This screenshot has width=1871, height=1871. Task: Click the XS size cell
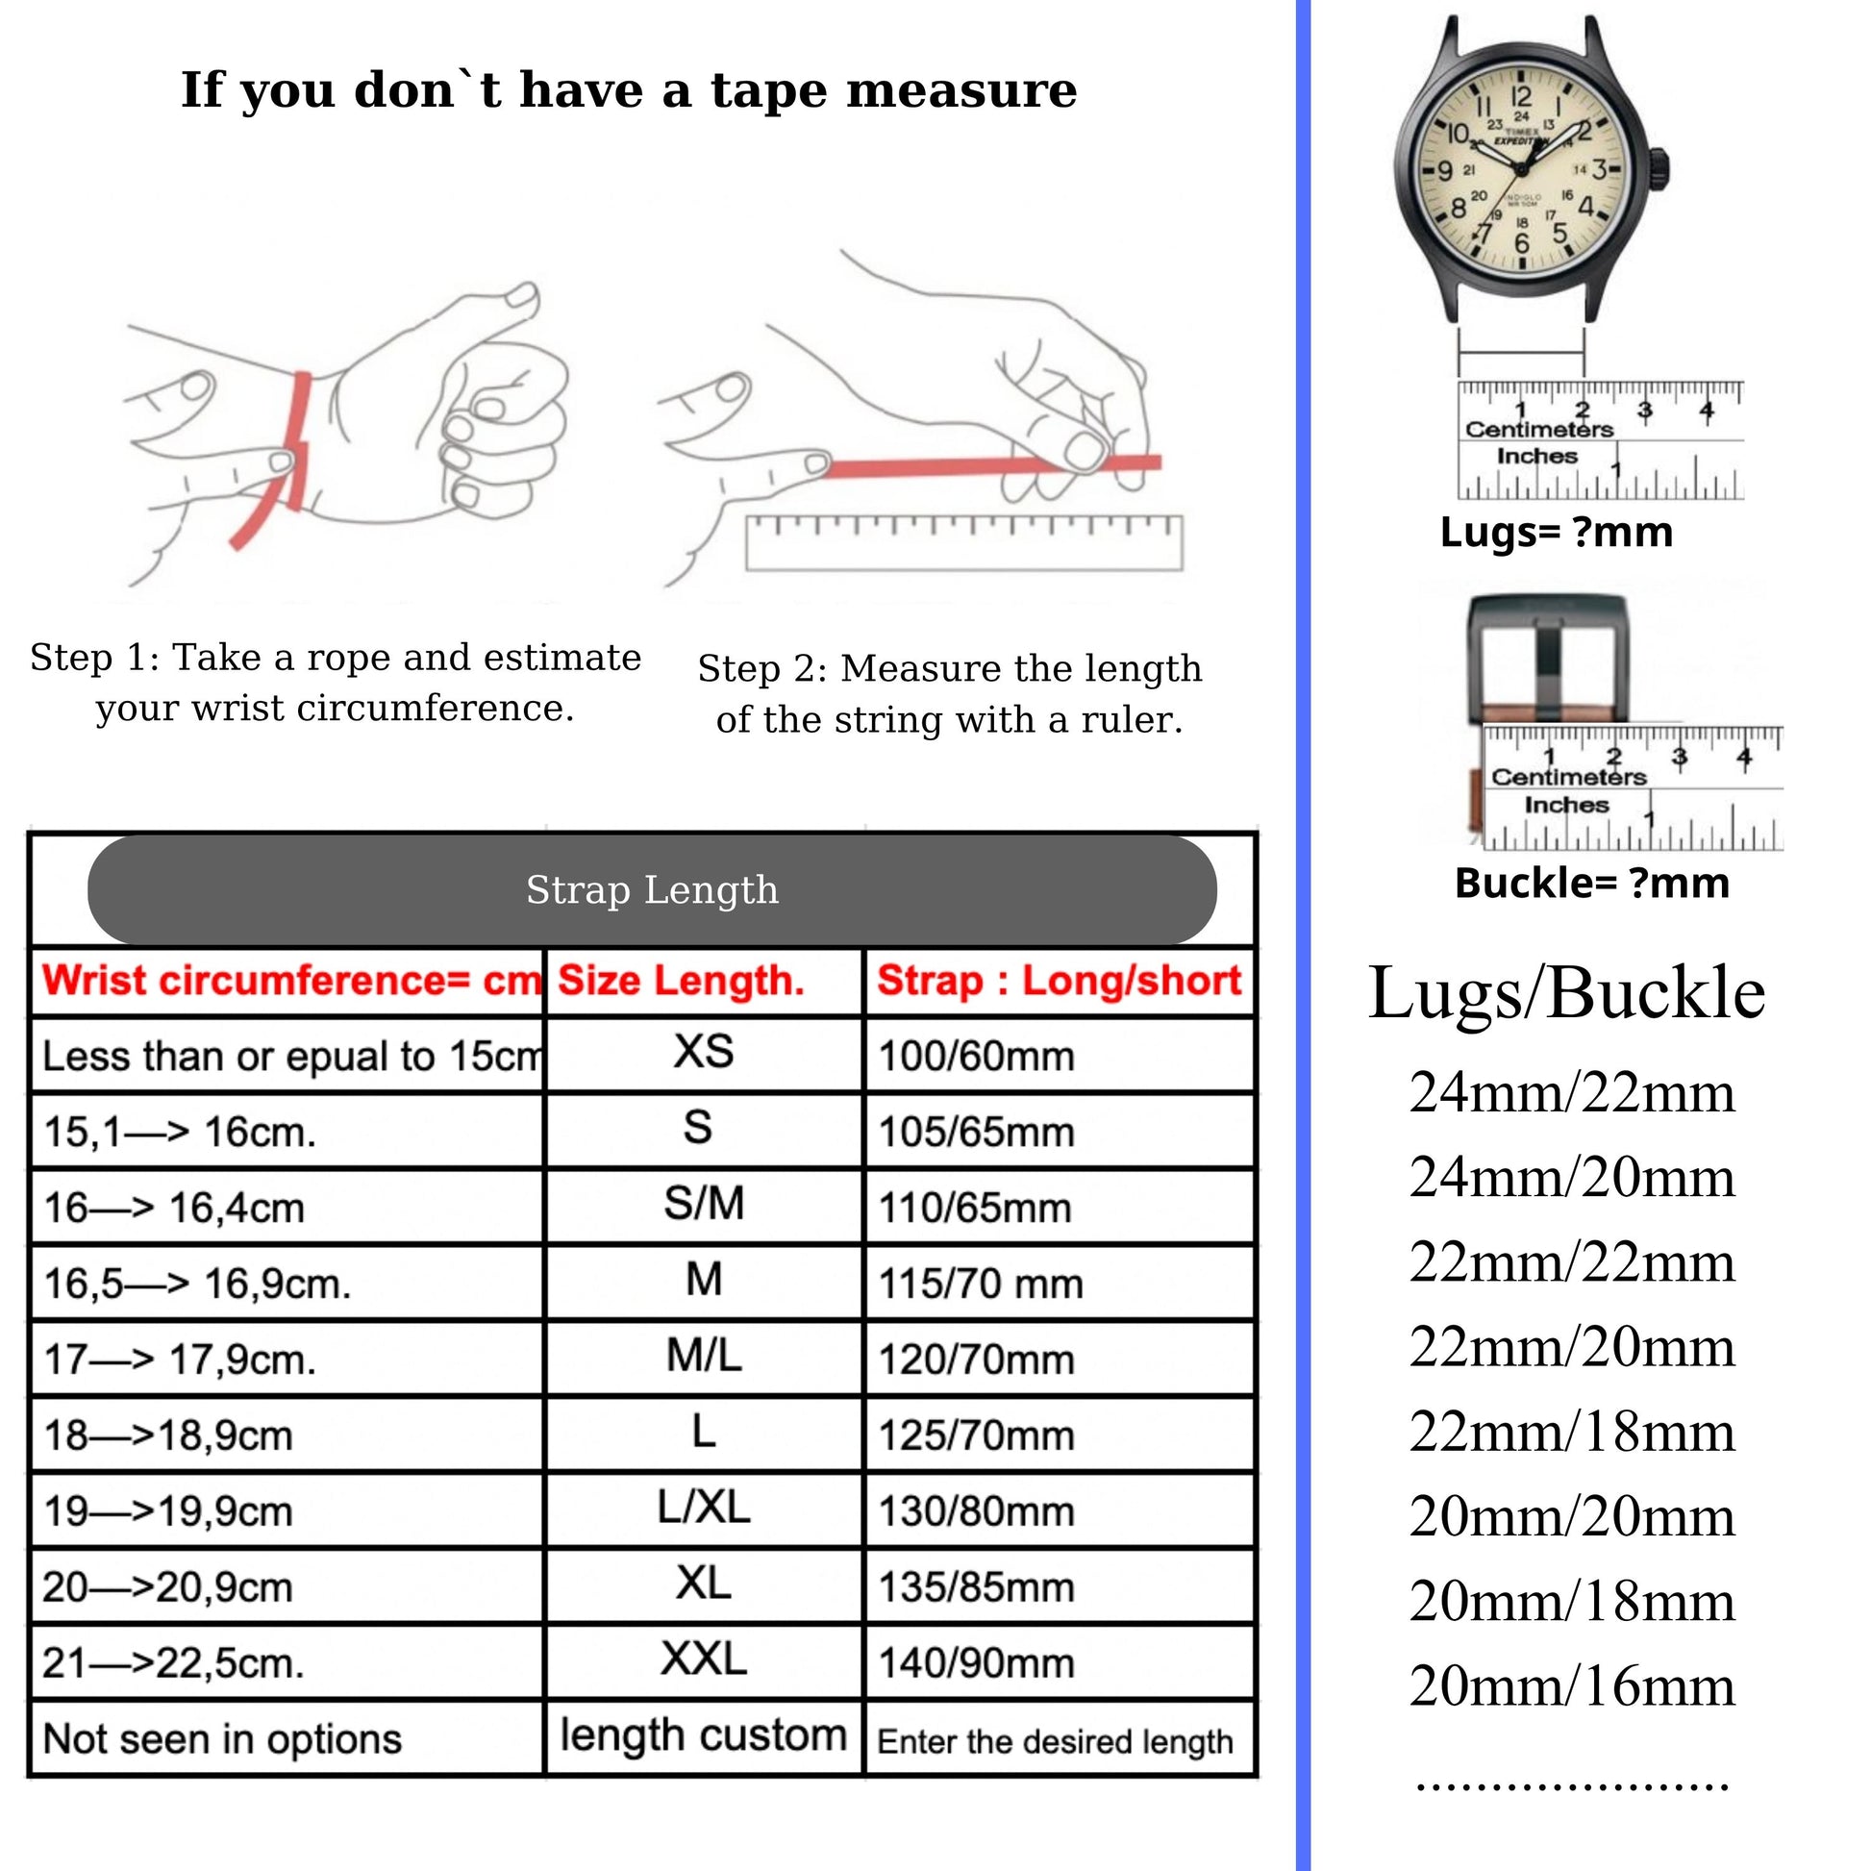pos(704,1053)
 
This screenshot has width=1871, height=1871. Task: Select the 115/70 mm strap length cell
pos(980,1285)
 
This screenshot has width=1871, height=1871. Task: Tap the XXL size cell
pos(704,1659)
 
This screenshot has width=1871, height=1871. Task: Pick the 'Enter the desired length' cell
pos(1056,1741)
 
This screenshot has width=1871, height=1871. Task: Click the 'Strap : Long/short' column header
pos(1059,981)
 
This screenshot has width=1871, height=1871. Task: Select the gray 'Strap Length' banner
pos(652,889)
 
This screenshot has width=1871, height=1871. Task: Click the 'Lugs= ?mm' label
pos(1557,532)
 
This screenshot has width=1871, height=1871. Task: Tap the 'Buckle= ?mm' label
pos(1591,884)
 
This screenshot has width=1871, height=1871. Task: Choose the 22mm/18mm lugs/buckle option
pos(1572,1432)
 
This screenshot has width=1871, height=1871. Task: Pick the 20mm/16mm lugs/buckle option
pos(1572,1686)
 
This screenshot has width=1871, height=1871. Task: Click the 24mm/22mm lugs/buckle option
pos(1572,1092)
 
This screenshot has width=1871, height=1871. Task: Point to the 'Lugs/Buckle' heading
pos(1566,992)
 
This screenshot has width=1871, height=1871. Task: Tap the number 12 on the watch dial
pos(1521,97)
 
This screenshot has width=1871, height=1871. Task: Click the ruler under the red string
pos(963,544)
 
